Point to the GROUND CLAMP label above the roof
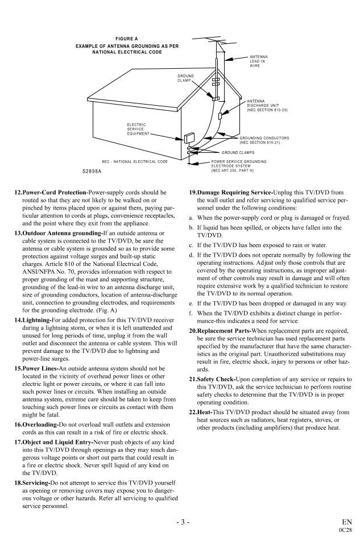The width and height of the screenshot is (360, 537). point(185,78)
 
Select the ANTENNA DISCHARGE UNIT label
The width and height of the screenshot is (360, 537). point(267,106)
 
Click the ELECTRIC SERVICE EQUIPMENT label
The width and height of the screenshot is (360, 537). point(137,129)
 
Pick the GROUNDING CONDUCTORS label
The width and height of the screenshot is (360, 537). point(264,140)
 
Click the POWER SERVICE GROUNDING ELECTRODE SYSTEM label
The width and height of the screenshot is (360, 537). point(238,165)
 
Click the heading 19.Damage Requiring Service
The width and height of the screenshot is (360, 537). point(231,193)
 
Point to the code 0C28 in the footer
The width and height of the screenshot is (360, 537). point(345,529)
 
